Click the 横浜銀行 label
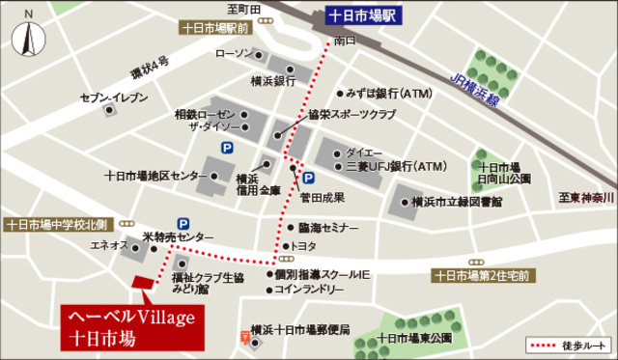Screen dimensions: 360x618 tap(271, 81)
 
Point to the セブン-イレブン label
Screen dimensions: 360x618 tap(114, 97)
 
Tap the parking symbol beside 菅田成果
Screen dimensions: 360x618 tap(309, 179)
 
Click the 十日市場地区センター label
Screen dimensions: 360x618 tap(154, 176)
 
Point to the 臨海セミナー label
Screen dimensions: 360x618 tap(328, 228)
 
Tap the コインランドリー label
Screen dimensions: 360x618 tap(309, 289)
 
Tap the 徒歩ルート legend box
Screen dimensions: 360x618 tap(569, 345)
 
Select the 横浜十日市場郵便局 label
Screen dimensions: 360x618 tap(298, 329)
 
